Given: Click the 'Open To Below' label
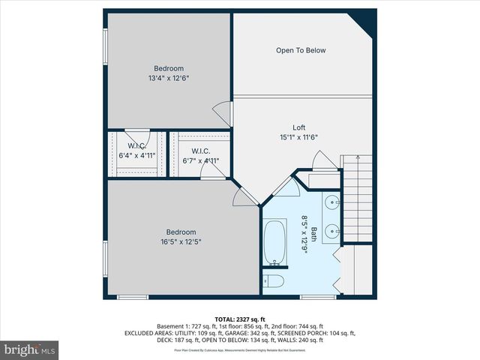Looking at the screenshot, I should [x=301, y=50].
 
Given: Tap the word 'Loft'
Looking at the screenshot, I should [x=298, y=127].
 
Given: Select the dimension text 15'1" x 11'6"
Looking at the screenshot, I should [x=298, y=137].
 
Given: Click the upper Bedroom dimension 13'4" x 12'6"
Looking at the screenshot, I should [x=168, y=77].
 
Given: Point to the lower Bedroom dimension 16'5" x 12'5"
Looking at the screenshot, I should [x=181, y=241].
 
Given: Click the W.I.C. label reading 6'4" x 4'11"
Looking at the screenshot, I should [x=136, y=156].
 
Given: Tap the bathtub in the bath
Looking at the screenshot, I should [x=275, y=241].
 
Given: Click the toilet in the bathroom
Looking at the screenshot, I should [x=273, y=281].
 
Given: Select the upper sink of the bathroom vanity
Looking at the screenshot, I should [x=332, y=202].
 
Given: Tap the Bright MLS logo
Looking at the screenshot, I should [x=30, y=349].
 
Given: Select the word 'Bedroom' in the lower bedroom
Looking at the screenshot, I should [x=181, y=232].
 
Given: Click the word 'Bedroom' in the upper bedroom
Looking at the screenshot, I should [x=168, y=68].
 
